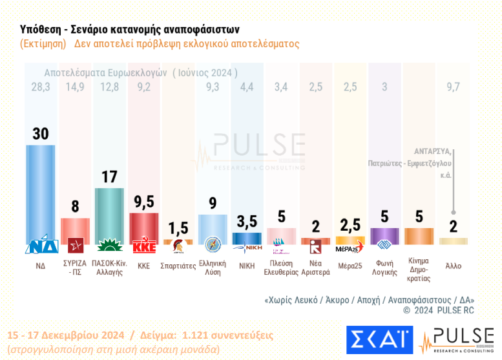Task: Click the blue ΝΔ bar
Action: point(41,194)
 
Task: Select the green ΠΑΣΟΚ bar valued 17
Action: point(110,213)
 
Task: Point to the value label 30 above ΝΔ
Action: point(41,133)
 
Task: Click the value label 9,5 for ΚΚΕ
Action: point(144,202)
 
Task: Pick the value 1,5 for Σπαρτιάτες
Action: point(178,228)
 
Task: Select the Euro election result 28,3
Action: point(41,87)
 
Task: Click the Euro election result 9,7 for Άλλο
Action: point(453,87)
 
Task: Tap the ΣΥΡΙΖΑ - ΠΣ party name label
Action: point(76,268)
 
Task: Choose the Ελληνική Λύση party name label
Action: point(213,268)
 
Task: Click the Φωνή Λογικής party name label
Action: point(384,268)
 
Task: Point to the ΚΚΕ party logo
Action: point(144,247)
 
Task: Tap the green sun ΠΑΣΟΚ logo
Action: point(110,246)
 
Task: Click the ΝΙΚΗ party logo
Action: point(247,247)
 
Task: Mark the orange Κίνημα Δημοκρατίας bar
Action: point(419,236)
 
